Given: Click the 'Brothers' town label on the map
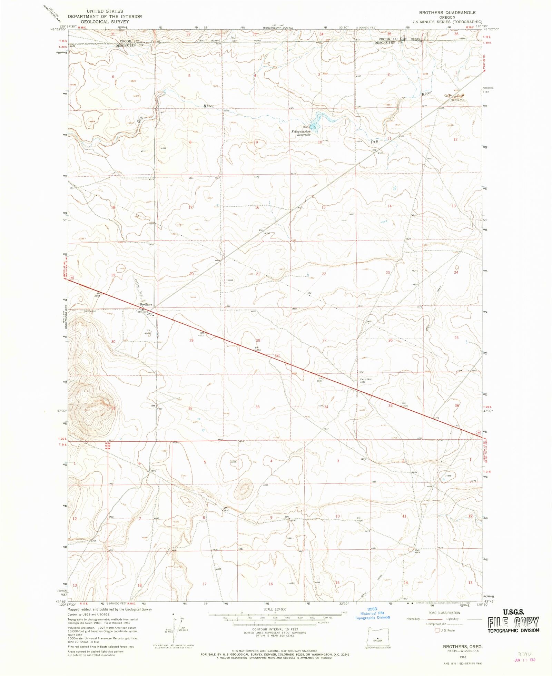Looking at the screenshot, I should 146,304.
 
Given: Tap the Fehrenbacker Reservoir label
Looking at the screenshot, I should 301,133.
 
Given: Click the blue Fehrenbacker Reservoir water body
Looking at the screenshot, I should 315,123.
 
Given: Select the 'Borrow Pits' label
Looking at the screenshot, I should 458,100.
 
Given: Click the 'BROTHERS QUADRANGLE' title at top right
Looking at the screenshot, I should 447,13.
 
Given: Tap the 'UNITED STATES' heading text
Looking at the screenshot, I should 105,11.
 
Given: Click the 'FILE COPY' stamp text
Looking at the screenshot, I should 513,622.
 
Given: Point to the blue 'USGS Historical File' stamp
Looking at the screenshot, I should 372,613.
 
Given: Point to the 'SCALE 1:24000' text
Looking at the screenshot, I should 275,609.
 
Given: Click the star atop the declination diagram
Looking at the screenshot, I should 173,614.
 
